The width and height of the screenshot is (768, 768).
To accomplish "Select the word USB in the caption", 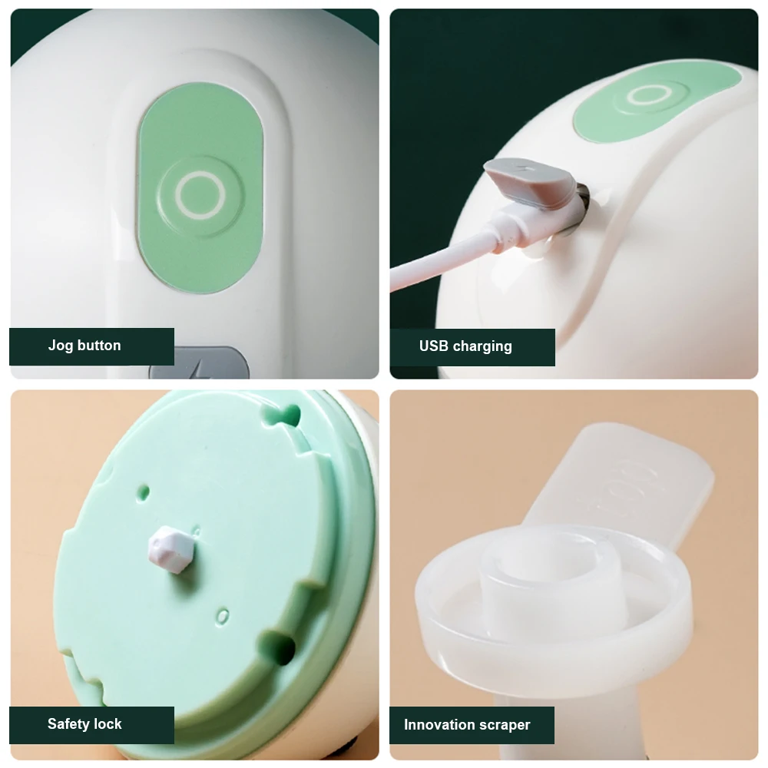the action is (433, 346).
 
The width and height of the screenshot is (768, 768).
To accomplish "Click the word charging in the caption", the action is (482, 347).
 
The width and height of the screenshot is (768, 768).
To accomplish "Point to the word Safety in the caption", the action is (68, 724).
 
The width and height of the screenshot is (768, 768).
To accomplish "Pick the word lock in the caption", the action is (108, 724).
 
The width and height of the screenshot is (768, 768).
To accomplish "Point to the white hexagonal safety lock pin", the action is (171, 548).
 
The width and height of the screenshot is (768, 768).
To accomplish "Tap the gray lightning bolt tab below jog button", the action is (200, 363).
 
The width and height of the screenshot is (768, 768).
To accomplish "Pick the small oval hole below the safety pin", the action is (223, 616).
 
